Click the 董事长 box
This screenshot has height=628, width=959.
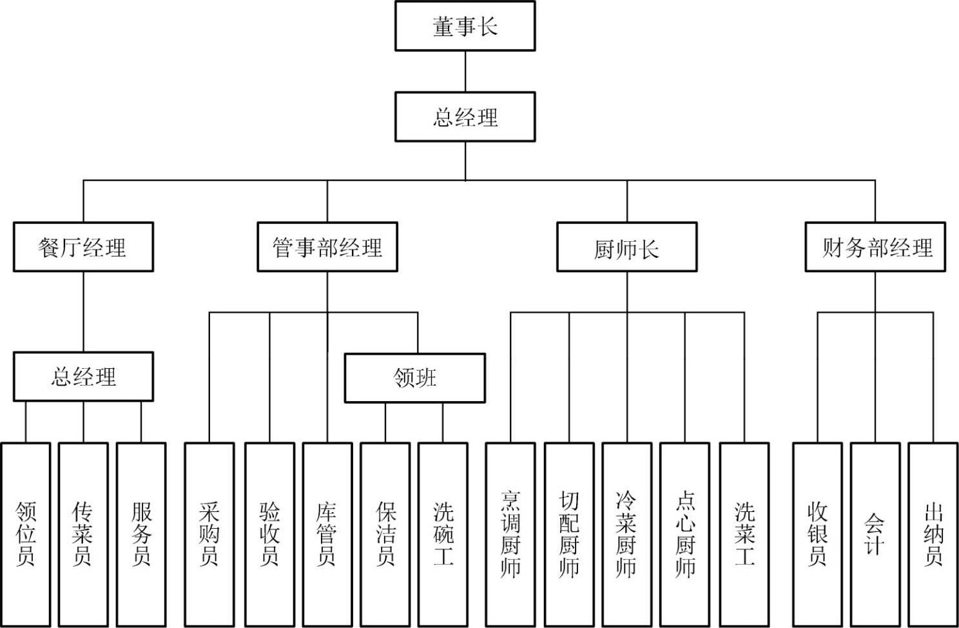[465, 26]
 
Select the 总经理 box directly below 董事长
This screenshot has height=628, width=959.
[465, 117]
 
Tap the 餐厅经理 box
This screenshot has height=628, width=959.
[83, 247]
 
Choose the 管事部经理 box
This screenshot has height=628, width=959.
[327, 247]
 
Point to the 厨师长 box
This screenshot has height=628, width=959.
[626, 247]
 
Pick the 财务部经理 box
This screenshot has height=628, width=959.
[875, 247]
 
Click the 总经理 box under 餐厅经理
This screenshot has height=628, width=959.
[83, 377]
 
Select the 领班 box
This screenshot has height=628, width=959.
[414, 378]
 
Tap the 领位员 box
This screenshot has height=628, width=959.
[26, 534]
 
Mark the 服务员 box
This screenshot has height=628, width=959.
[141, 534]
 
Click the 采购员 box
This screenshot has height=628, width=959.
[209, 534]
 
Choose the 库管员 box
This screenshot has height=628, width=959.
[327, 534]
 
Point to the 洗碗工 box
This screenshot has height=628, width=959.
[443, 534]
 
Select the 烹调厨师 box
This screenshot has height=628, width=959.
[510, 534]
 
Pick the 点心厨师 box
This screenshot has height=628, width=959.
[684, 534]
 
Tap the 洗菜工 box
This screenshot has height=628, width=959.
[744, 534]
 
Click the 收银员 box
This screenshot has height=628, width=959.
[817, 534]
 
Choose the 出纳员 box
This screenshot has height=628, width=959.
[933, 534]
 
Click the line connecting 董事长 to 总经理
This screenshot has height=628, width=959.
[465, 72]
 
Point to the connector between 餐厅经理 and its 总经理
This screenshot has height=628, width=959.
[83, 311]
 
